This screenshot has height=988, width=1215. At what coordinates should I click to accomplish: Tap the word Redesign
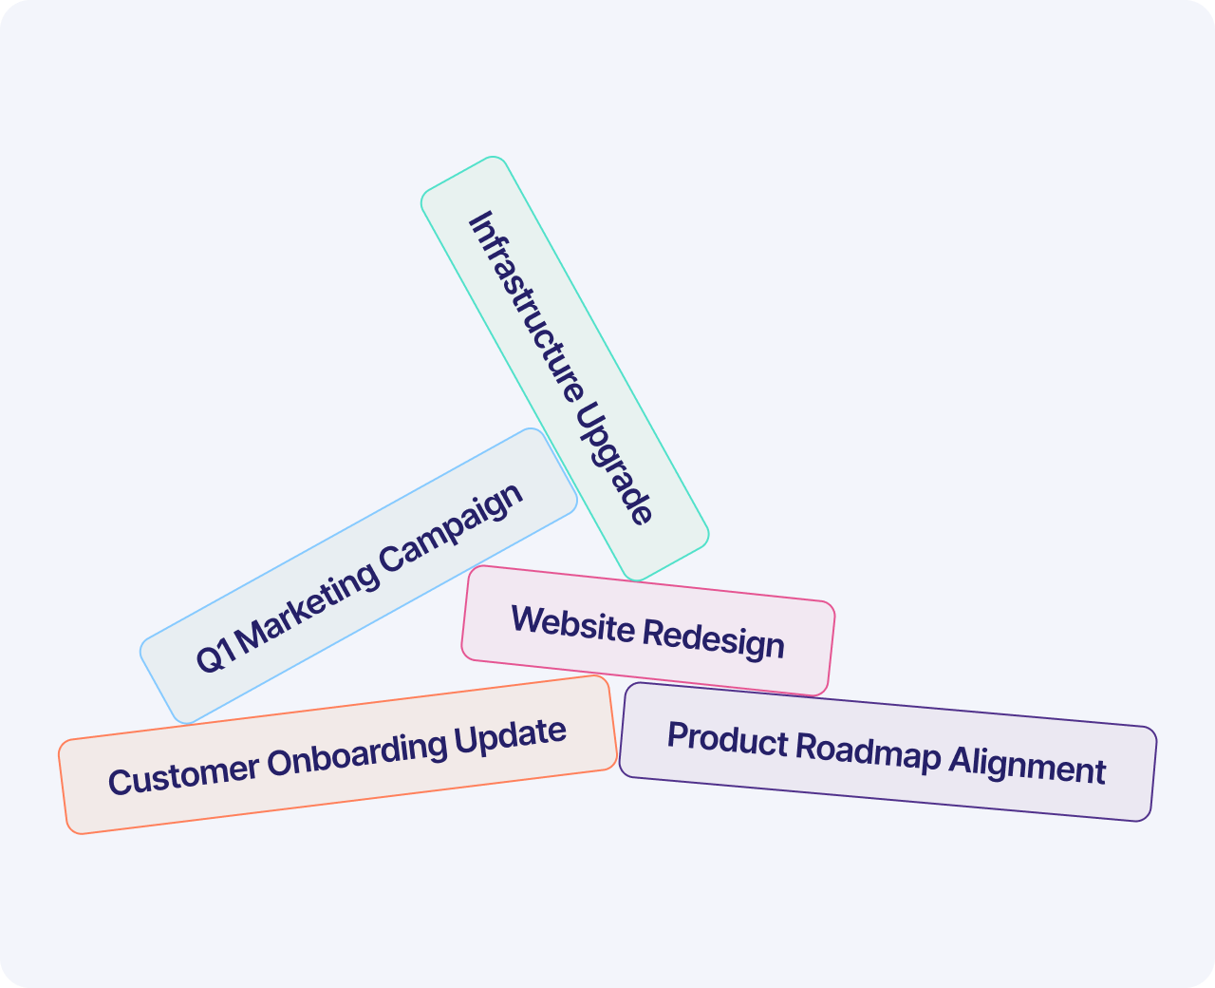(714, 637)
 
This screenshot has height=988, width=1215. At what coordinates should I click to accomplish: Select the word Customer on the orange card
(182, 776)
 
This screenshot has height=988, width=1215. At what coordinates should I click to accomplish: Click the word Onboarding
(357, 755)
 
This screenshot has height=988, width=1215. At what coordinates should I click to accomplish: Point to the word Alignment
(1027, 766)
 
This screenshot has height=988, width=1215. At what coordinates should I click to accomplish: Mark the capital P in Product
(678, 734)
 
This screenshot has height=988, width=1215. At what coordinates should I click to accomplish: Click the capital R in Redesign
(654, 632)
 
